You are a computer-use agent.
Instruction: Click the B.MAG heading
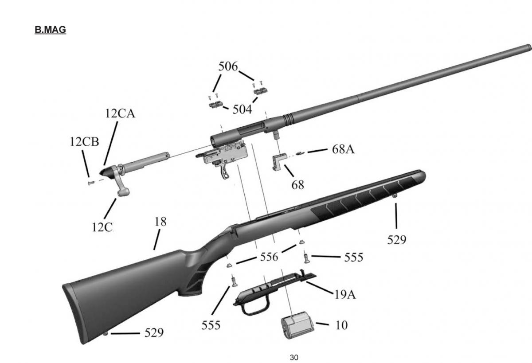pos(50,30)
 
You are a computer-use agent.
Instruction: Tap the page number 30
pos(293,357)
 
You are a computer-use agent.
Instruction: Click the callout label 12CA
pos(120,114)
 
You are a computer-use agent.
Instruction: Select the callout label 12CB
pos(84,142)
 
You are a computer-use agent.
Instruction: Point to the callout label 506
pos(228,67)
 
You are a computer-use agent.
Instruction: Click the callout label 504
pos(242,109)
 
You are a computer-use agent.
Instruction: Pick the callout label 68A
pos(343,149)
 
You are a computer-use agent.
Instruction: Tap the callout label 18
pos(160,222)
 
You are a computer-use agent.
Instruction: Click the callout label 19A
pos(344,294)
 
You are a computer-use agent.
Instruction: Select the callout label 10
pos(341,325)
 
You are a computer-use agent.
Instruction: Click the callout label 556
pos(269,257)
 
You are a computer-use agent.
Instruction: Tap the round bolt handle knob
pos(124,191)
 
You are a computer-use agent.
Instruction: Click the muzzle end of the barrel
pos(528,47)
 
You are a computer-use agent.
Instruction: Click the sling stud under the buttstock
pos(106,333)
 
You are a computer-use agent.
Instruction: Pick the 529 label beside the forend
pos(396,240)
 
